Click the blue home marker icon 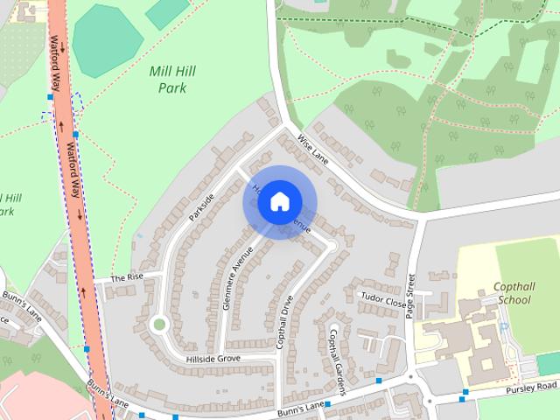(x=279, y=202)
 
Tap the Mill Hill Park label (x=172, y=80)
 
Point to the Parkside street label (x=200, y=207)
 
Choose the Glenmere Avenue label (x=237, y=277)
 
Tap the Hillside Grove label (x=213, y=359)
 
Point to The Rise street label (x=126, y=277)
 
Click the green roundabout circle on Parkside (x=158, y=325)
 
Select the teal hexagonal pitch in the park (x=107, y=39)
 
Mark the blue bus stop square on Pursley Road (x=464, y=392)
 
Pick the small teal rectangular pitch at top (x=167, y=12)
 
